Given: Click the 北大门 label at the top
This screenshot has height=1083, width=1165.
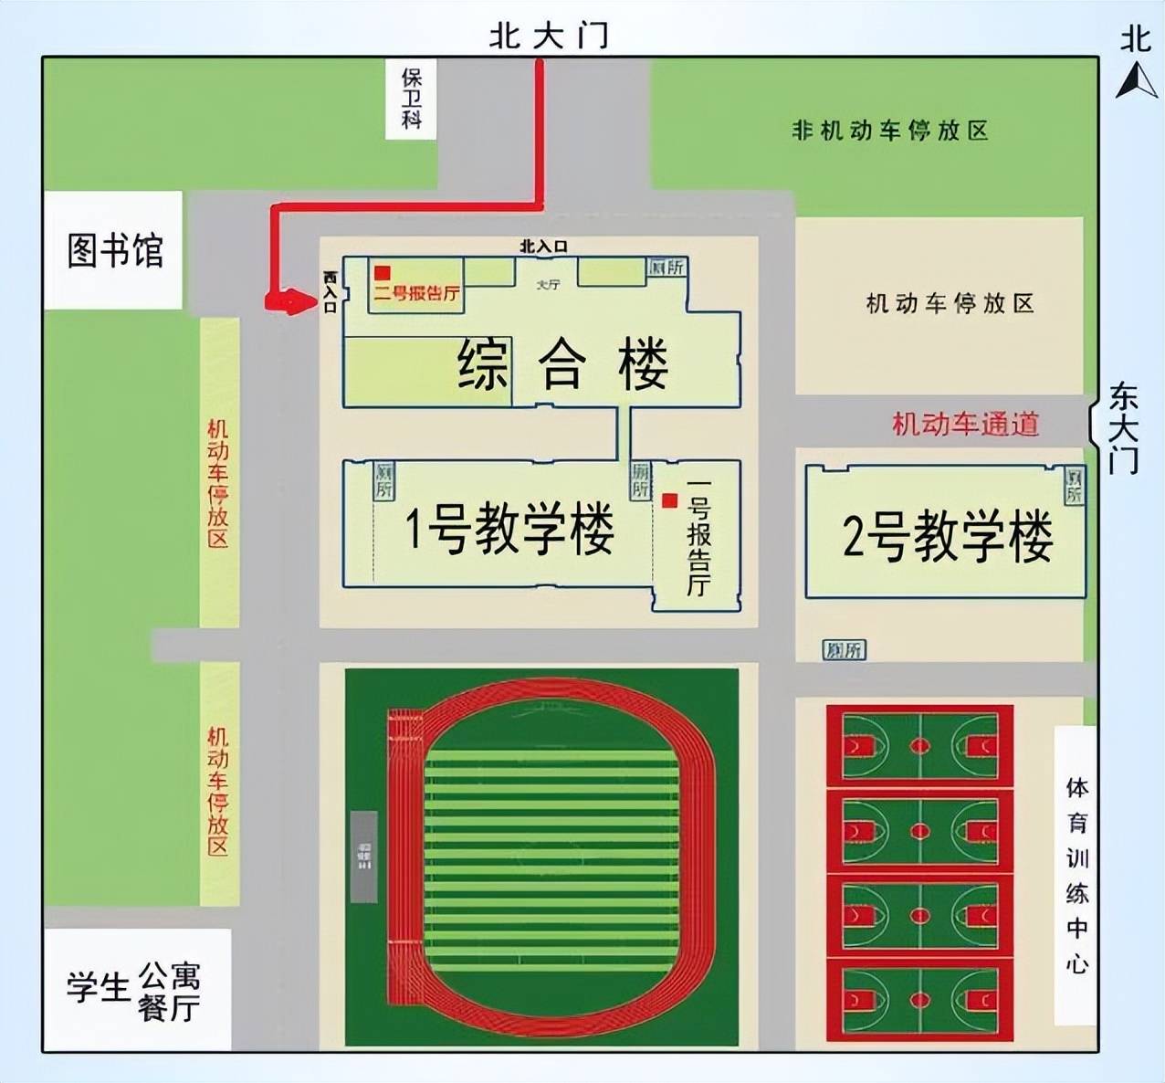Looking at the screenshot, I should click(x=548, y=37).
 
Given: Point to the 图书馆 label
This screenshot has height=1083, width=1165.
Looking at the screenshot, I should click(x=115, y=249).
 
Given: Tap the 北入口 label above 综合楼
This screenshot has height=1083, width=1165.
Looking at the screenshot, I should click(x=543, y=247).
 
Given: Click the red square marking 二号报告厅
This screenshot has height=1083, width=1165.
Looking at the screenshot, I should click(x=383, y=272).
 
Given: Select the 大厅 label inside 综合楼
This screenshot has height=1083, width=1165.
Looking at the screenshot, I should click(x=548, y=285).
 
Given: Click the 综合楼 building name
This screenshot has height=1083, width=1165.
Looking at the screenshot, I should click(x=562, y=363).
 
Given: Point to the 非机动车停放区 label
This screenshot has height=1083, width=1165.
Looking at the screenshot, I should click(x=889, y=131).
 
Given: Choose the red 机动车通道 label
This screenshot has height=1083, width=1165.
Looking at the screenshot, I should click(x=965, y=424).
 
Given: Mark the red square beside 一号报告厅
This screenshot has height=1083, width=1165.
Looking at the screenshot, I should click(x=670, y=500).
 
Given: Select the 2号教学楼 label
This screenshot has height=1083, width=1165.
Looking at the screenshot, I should click(x=947, y=535).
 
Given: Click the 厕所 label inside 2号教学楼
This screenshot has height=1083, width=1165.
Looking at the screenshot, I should click(x=1075, y=485).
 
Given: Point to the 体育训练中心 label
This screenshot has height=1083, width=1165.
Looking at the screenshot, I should click(x=1077, y=875).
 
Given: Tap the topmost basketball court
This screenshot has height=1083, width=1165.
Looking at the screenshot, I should click(x=919, y=745).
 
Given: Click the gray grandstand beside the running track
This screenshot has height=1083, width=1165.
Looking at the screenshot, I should click(x=363, y=856).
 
